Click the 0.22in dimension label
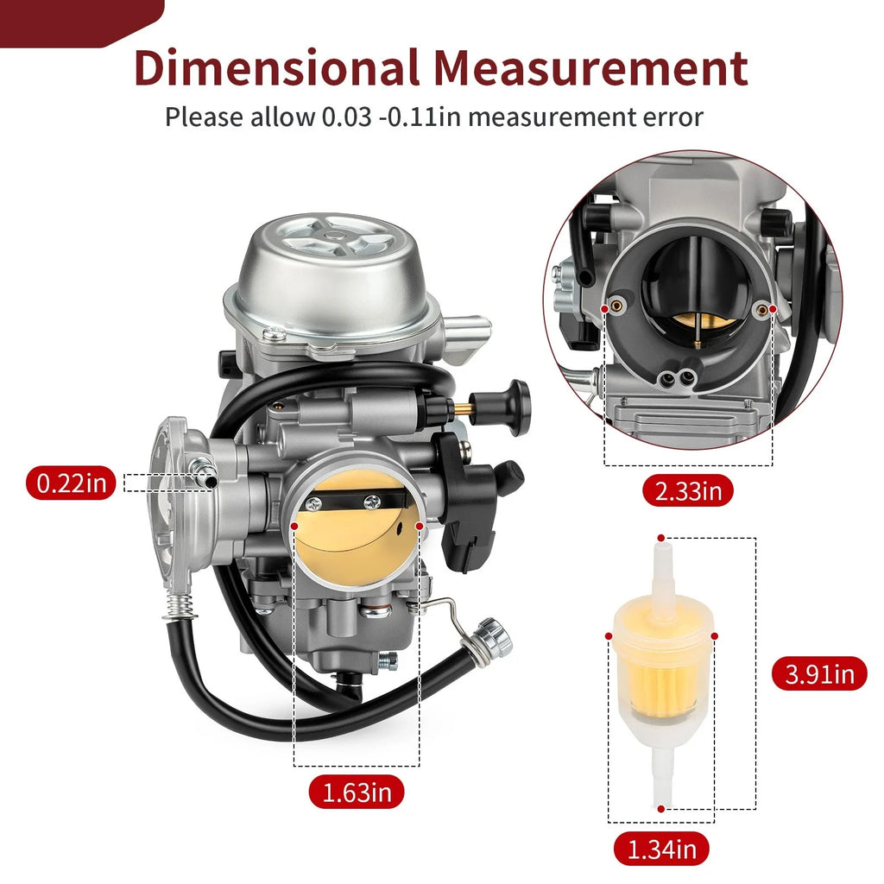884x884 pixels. tap(71, 483)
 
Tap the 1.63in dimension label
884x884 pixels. tap(357, 792)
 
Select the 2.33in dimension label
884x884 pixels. tap(688, 490)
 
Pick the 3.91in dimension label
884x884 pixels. tap(819, 673)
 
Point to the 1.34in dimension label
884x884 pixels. tap(661, 849)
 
